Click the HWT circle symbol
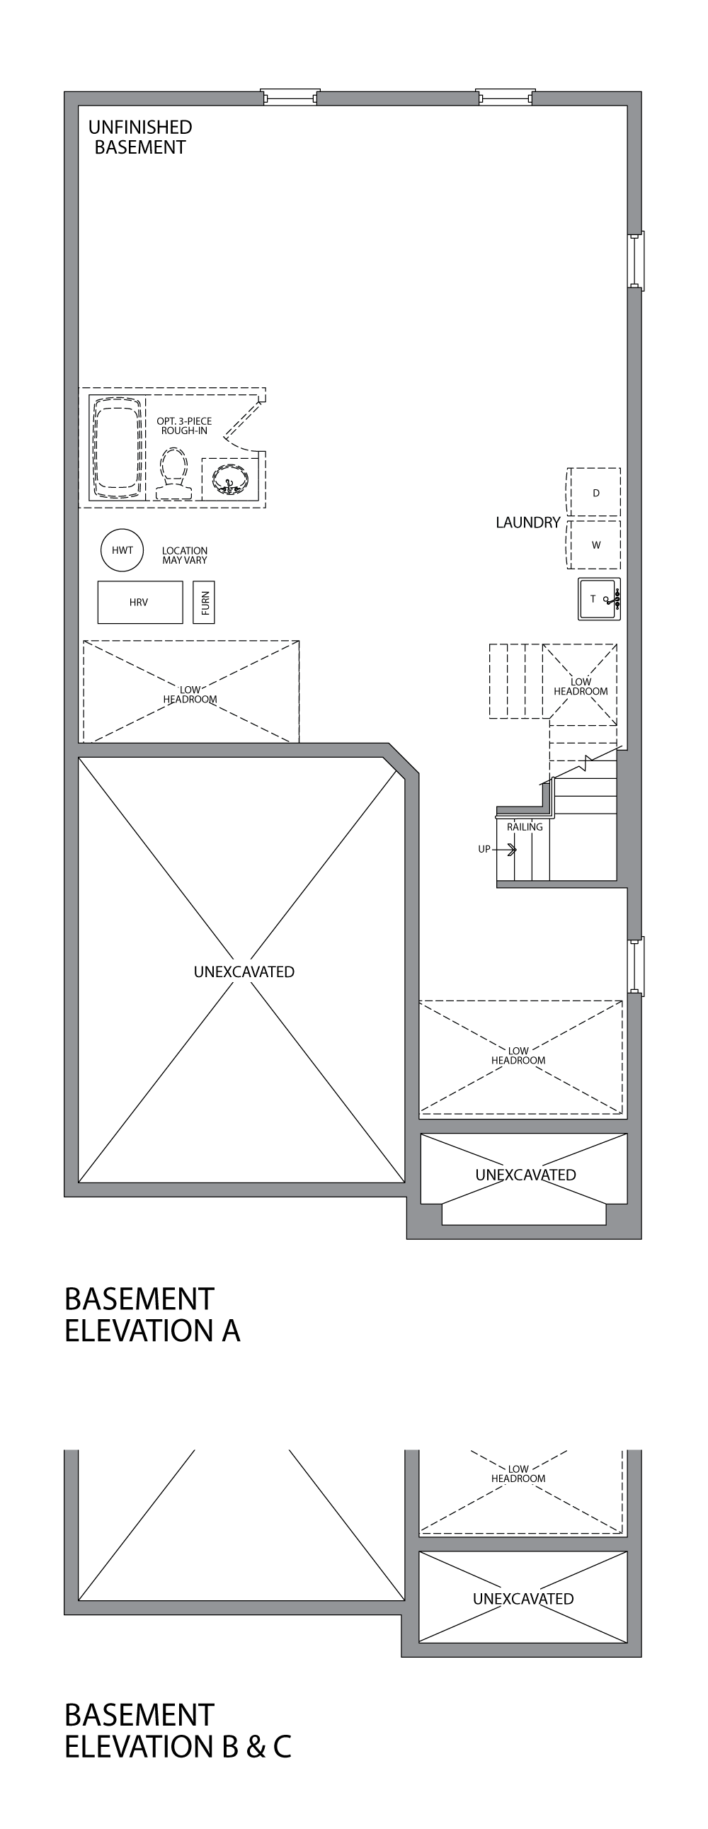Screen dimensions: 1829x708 click(122, 549)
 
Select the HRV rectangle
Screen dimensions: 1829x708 click(140, 602)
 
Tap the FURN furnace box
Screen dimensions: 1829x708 click(205, 603)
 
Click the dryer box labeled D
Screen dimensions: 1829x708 click(595, 492)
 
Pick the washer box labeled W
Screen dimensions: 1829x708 click(595, 545)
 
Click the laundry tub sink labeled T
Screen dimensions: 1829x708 click(599, 599)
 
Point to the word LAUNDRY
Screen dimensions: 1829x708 click(527, 523)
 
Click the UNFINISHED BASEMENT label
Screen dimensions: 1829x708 click(140, 137)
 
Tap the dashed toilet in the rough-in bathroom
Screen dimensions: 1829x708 click(173, 474)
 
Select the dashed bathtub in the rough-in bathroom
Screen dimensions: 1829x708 click(117, 448)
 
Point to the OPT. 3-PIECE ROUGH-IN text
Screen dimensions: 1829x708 click(184, 426)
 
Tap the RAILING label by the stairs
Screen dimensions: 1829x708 click(525, 826)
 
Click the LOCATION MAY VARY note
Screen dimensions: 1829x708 click(185, 555)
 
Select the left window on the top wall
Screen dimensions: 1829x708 click(290, 98)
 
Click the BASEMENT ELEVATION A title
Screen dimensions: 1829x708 click(152, 1314)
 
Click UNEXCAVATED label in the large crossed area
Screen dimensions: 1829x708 click(244, 972)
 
